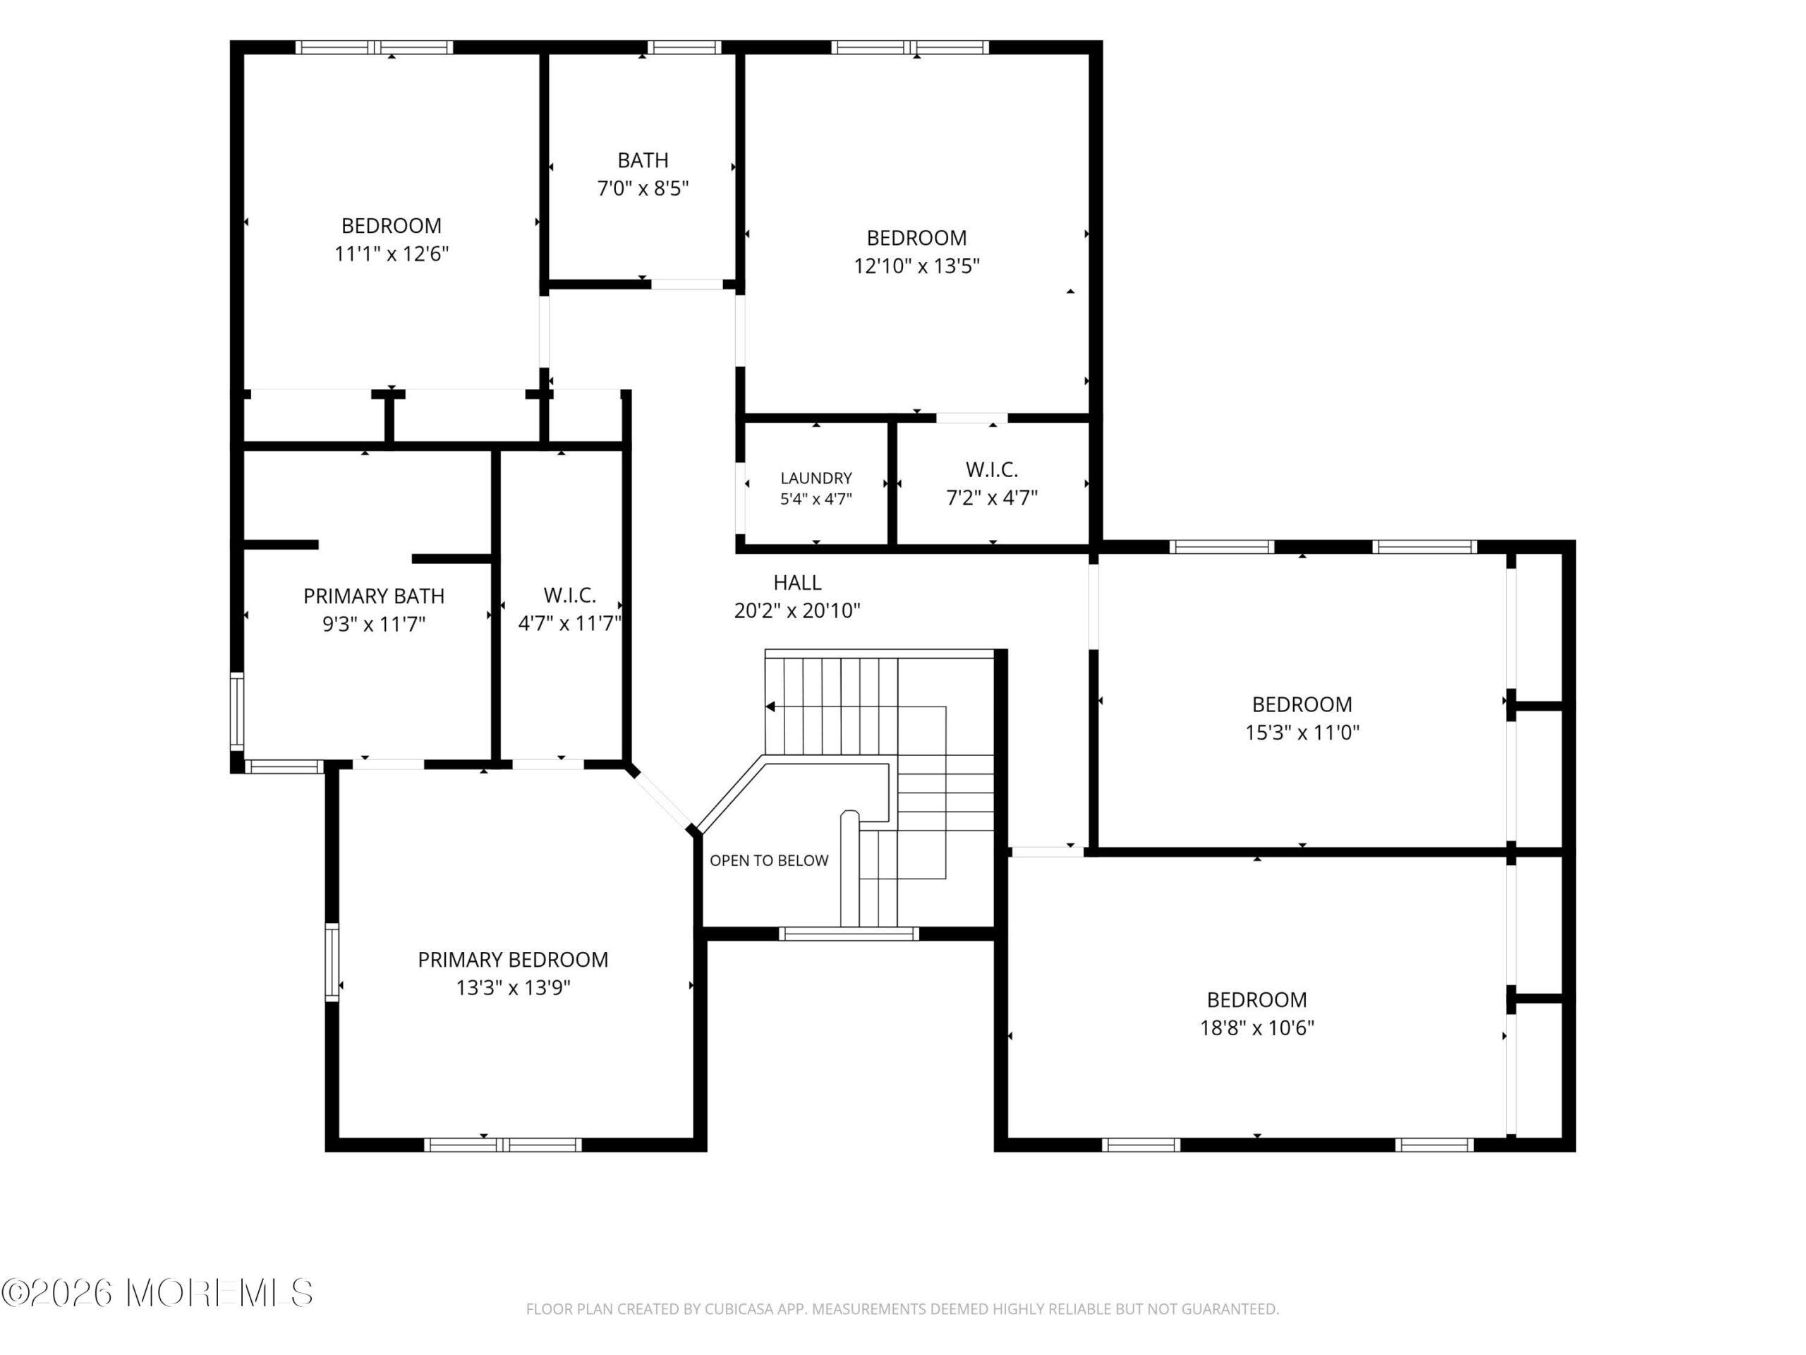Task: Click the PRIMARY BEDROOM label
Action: (513, 959)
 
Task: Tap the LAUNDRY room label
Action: (816, 478)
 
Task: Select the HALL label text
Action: (797, 582)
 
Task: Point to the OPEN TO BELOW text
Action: (769, 860)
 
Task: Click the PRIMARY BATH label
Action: (374, 596)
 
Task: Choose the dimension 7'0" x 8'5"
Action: (643, 188)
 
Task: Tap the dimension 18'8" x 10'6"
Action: (1256, 1028)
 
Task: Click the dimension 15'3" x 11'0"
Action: (1302, 732)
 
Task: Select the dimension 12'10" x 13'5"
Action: (917, 266)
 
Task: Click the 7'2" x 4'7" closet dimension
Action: (992, 498)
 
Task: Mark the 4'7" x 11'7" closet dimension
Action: (570, 624)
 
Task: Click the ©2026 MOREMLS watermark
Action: (157, 1293)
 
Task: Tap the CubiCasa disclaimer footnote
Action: (902, 1309)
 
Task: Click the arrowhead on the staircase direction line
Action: (770, 706)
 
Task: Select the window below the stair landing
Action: (849, 934)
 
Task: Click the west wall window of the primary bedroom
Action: (332, 962)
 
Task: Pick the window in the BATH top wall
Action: (684, 47)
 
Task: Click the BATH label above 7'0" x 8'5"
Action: (643, 160)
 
